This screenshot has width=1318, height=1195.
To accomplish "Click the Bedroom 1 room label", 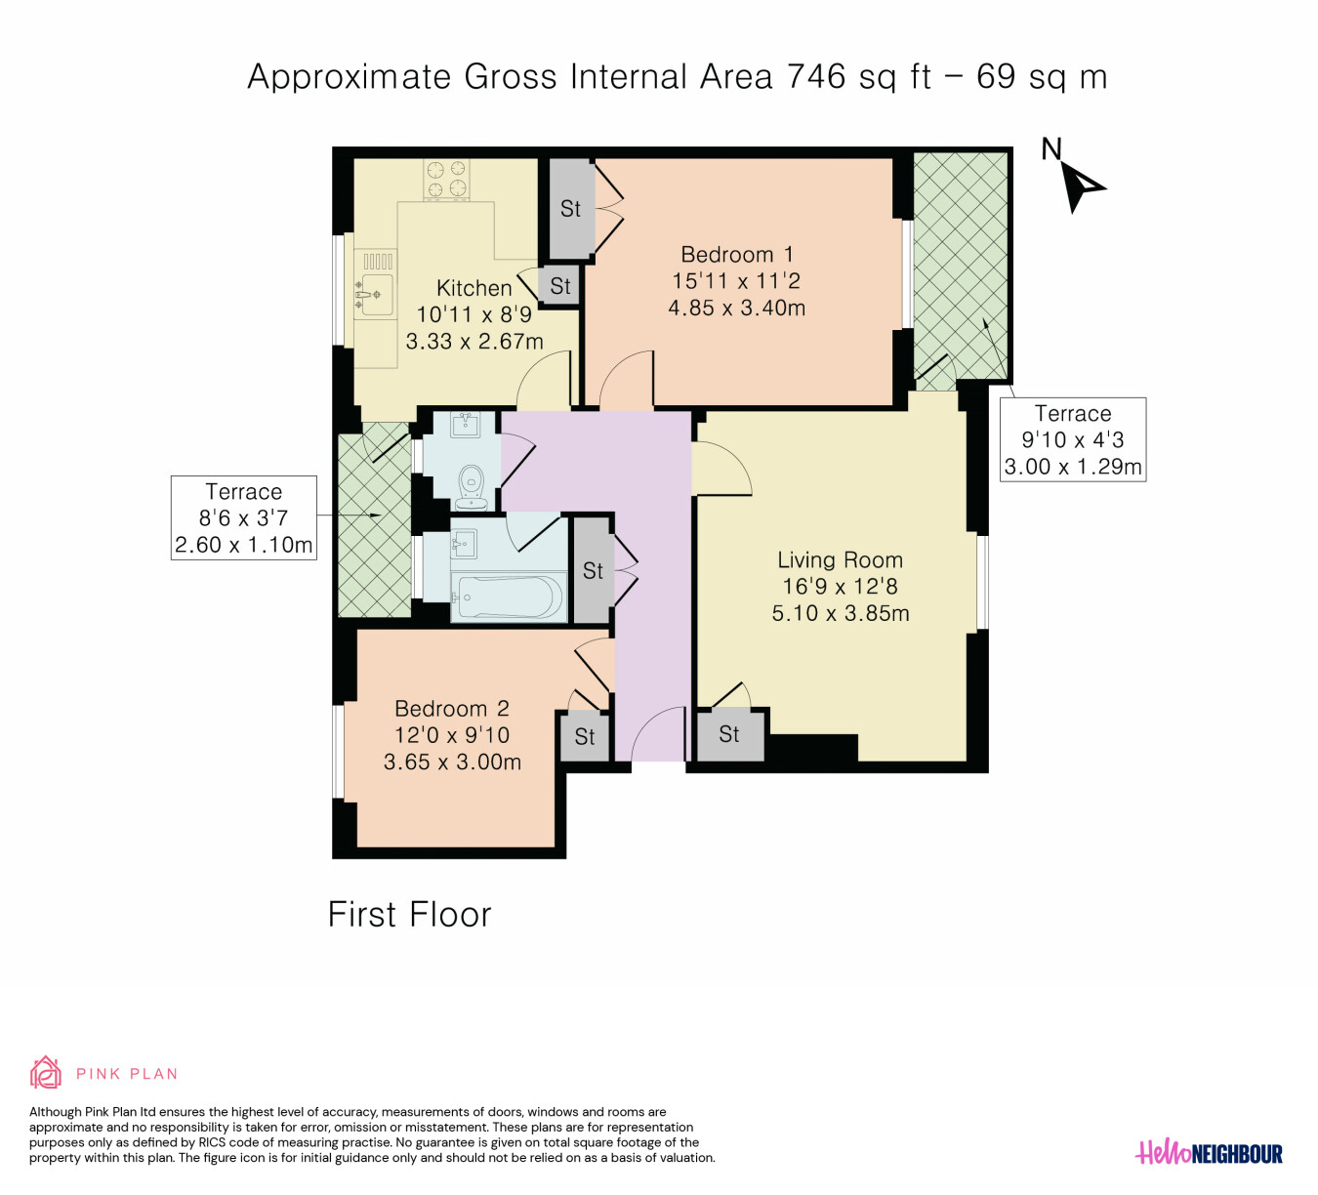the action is pyautogui.click(x=736, y=255).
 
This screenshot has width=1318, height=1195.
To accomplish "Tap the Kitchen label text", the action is pyautogui.click(x=474, y=288).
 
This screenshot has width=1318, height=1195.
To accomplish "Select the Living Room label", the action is pyautogui.click(x=840, y=560).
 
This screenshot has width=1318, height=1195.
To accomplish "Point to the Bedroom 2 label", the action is pyautogui.click(x=452, y=709).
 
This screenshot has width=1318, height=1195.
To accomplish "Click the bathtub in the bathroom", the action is pyautogui.click(x=510, y=597).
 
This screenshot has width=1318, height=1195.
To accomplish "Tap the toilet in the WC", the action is pyautogui.click(x=472, y=487).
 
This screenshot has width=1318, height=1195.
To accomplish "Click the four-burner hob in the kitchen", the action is pyautogui.click(x=447, y=180).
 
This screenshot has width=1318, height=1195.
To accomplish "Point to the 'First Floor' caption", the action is pyautogui.click(x=409, y=915).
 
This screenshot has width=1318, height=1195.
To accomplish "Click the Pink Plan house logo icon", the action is pyautogui.click(x=45, y=1072).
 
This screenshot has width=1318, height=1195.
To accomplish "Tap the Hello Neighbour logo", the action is pyautogui.click(x=1209, y=1153).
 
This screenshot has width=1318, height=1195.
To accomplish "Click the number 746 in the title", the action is pyautogui.click(x=816, y=76).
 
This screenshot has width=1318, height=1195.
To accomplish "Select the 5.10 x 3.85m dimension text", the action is pyautogui.click(x=841, y=613).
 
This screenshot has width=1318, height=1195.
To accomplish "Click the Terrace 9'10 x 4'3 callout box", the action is pyautogui.click(x=1073, y=439).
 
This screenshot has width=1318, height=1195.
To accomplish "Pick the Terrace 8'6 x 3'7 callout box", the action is pyautogui.click(x=244, y=518).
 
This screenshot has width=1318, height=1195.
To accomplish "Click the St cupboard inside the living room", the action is pyautogui.click(x=729, y=734).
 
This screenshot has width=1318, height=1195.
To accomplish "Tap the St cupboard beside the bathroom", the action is pyautogui.click(x=592, y=570).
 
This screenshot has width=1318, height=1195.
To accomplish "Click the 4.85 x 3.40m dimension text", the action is pyautogui.click(x=736, y=308).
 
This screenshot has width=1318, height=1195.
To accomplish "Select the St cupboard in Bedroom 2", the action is pyautogui.click(x=584, y=736).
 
